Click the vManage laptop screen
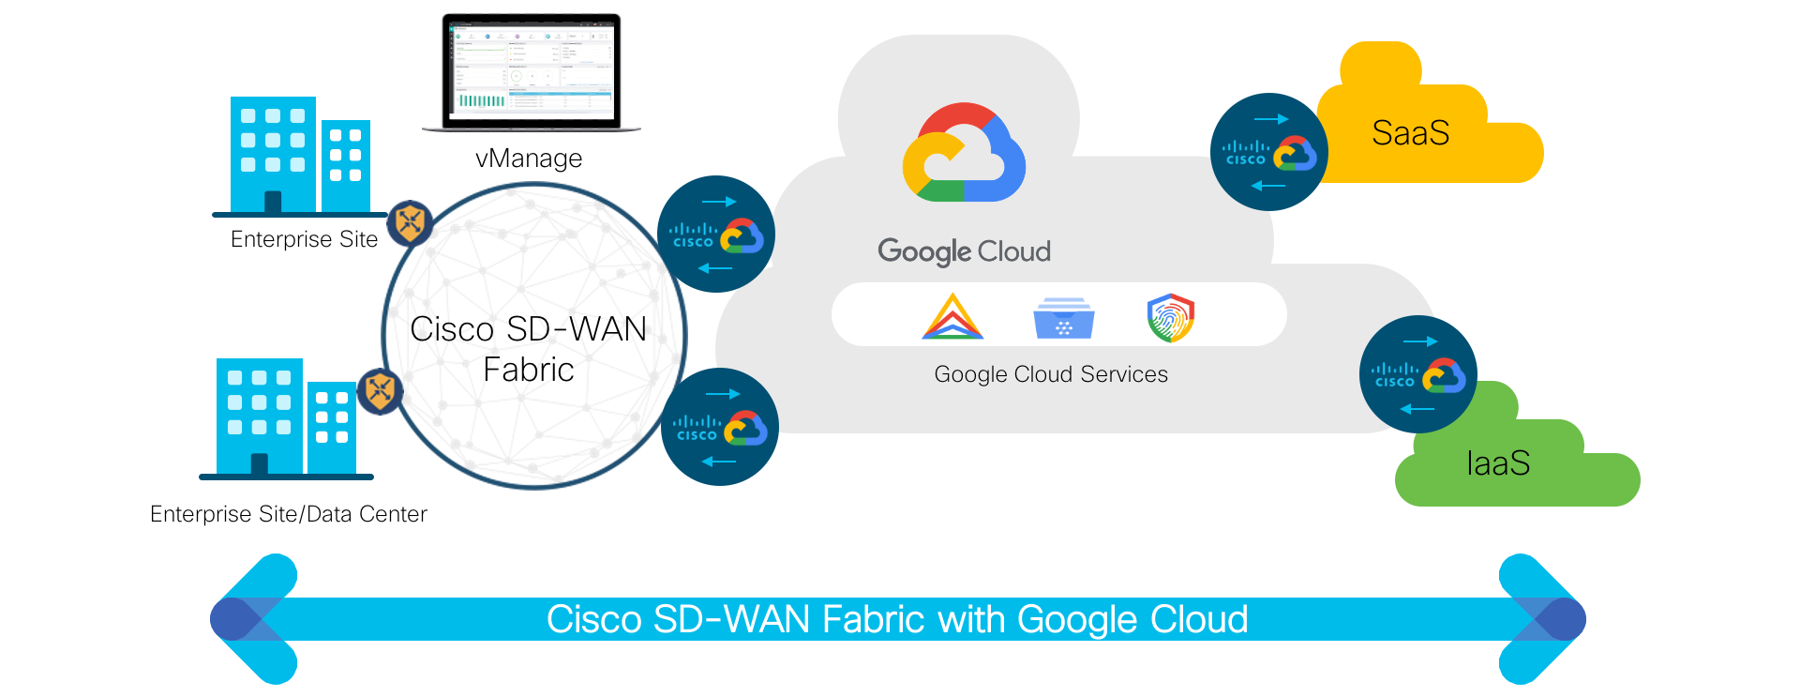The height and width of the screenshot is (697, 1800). coord(531,69)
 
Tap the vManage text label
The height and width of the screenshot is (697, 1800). coord(529,159)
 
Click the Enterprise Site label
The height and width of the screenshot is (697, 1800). coord(304,239)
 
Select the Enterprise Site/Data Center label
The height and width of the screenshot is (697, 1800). coord(288,514)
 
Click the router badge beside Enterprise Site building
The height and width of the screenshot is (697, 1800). coord(410,222)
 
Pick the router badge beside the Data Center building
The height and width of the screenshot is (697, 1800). coord(381,390)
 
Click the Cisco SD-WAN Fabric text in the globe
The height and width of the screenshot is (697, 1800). coord(529,349)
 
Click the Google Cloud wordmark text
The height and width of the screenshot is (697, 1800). coord(964,251)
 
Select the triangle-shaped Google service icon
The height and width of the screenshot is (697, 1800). coord(952,317)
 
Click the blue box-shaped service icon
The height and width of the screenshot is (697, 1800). coord(1063,318)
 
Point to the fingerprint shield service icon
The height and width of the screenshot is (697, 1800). coord(1170,317)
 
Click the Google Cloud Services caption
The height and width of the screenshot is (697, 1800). coord(1051,374)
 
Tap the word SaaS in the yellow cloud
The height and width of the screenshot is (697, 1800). coord(1410,133)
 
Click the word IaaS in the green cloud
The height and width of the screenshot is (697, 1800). coord(1498,463)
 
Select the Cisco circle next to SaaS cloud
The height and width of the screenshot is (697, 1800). coord(1269,152)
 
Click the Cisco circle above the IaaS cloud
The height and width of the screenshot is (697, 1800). coord(1418,374)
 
